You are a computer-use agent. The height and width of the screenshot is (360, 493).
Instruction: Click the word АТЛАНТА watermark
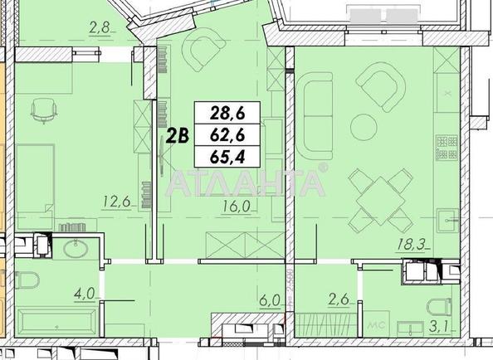pyautogui.click(x=247, y=180)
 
